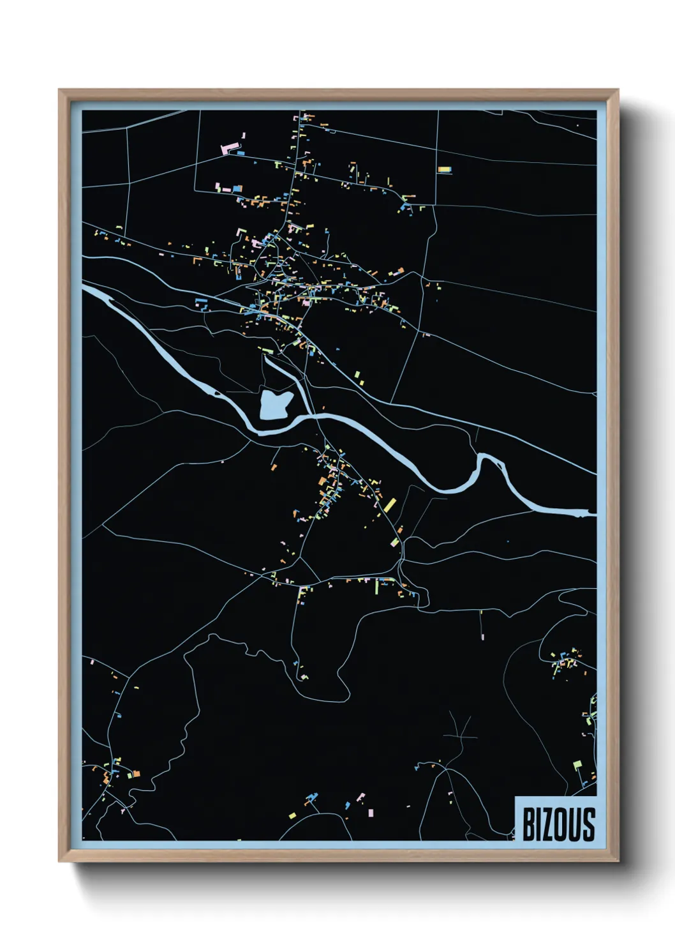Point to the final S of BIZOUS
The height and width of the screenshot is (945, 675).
click(x=589, y=824)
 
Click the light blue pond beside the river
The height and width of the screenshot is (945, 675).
click(x=275, y=405)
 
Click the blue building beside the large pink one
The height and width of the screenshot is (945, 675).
click(x=241, y=153)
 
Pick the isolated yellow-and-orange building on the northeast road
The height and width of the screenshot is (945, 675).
click(x=444, y=170)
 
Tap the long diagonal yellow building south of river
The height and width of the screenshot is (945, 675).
click(x=390, y=505)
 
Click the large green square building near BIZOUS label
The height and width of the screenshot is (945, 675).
click(x=577, y=764)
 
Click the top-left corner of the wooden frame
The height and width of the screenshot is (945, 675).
click(x=59, y=90)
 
